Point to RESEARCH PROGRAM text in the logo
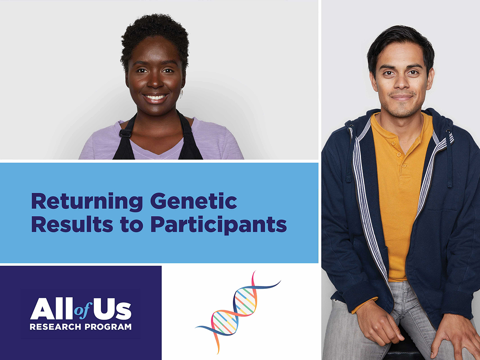pos(80,327)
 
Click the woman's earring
pos(181,94)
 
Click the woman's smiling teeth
pos(156,97)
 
